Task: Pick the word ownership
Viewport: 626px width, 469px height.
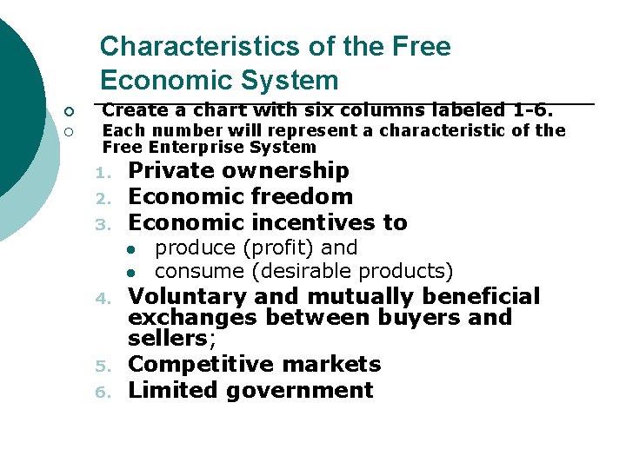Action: click(290, 170)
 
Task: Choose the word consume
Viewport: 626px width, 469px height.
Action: click(199, 271)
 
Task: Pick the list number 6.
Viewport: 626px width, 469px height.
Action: click(102, 392)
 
